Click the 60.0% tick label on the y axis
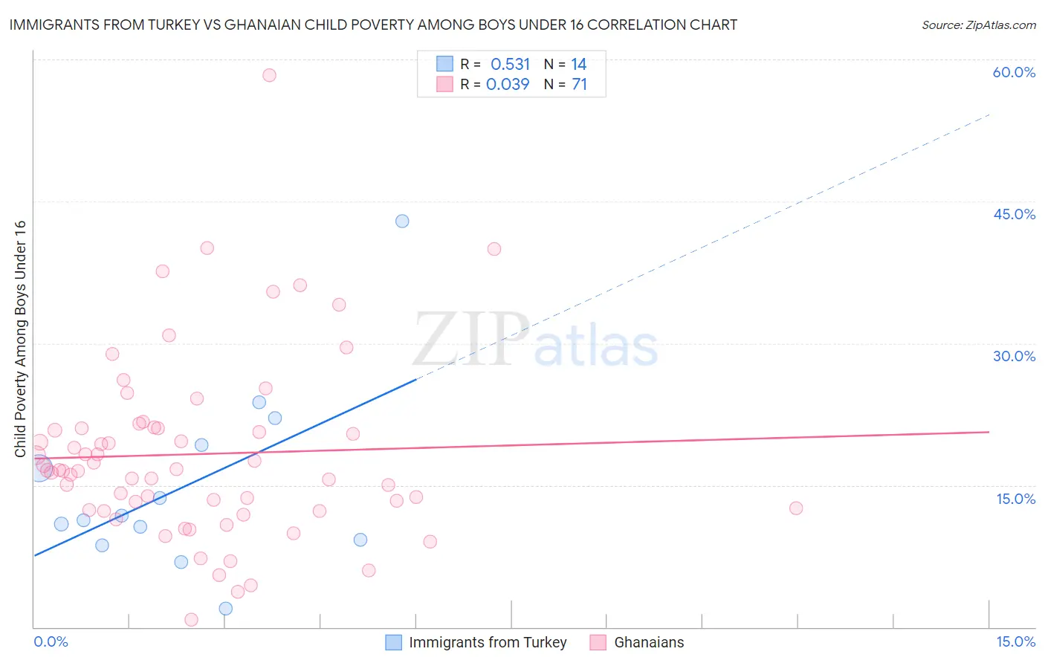click(1014, 72)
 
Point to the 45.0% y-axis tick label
click(1014, 214)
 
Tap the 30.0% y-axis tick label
click(1014, 356)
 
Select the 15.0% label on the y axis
click(1015, 499)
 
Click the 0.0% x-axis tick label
click(51, 641)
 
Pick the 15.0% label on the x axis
click(1015, 641)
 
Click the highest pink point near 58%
click(269, 75)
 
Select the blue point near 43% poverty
click(402, 221)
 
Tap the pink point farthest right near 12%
click(796, 508)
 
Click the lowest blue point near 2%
click(226, 609)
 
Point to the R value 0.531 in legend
click(510, 65)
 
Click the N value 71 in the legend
click(579, 85)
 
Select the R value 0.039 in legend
click(508, 85)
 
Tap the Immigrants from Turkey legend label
click(488, 642)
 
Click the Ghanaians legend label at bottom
click(649, 642)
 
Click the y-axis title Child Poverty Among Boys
click(20, 339)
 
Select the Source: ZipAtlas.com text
click(978, 25)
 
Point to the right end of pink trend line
click(989, 431)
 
